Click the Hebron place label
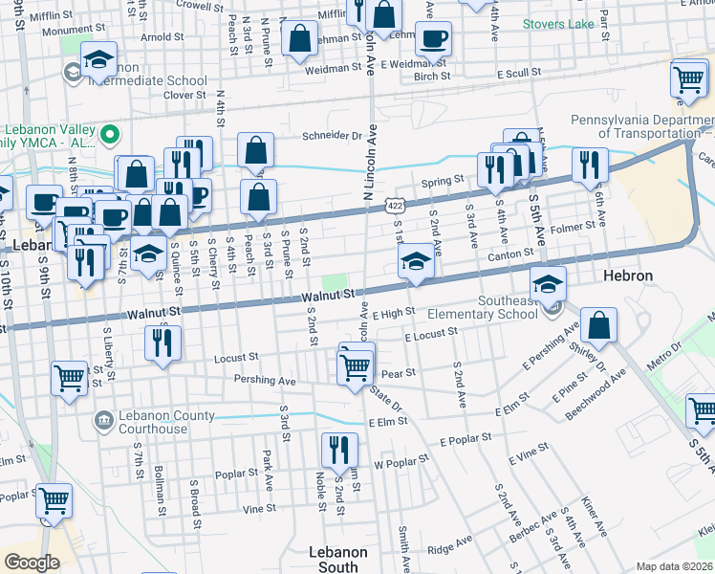628,276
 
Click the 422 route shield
395,205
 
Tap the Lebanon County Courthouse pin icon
103,419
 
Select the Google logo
32,562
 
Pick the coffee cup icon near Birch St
433,39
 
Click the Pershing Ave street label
265,380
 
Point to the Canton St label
509,254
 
